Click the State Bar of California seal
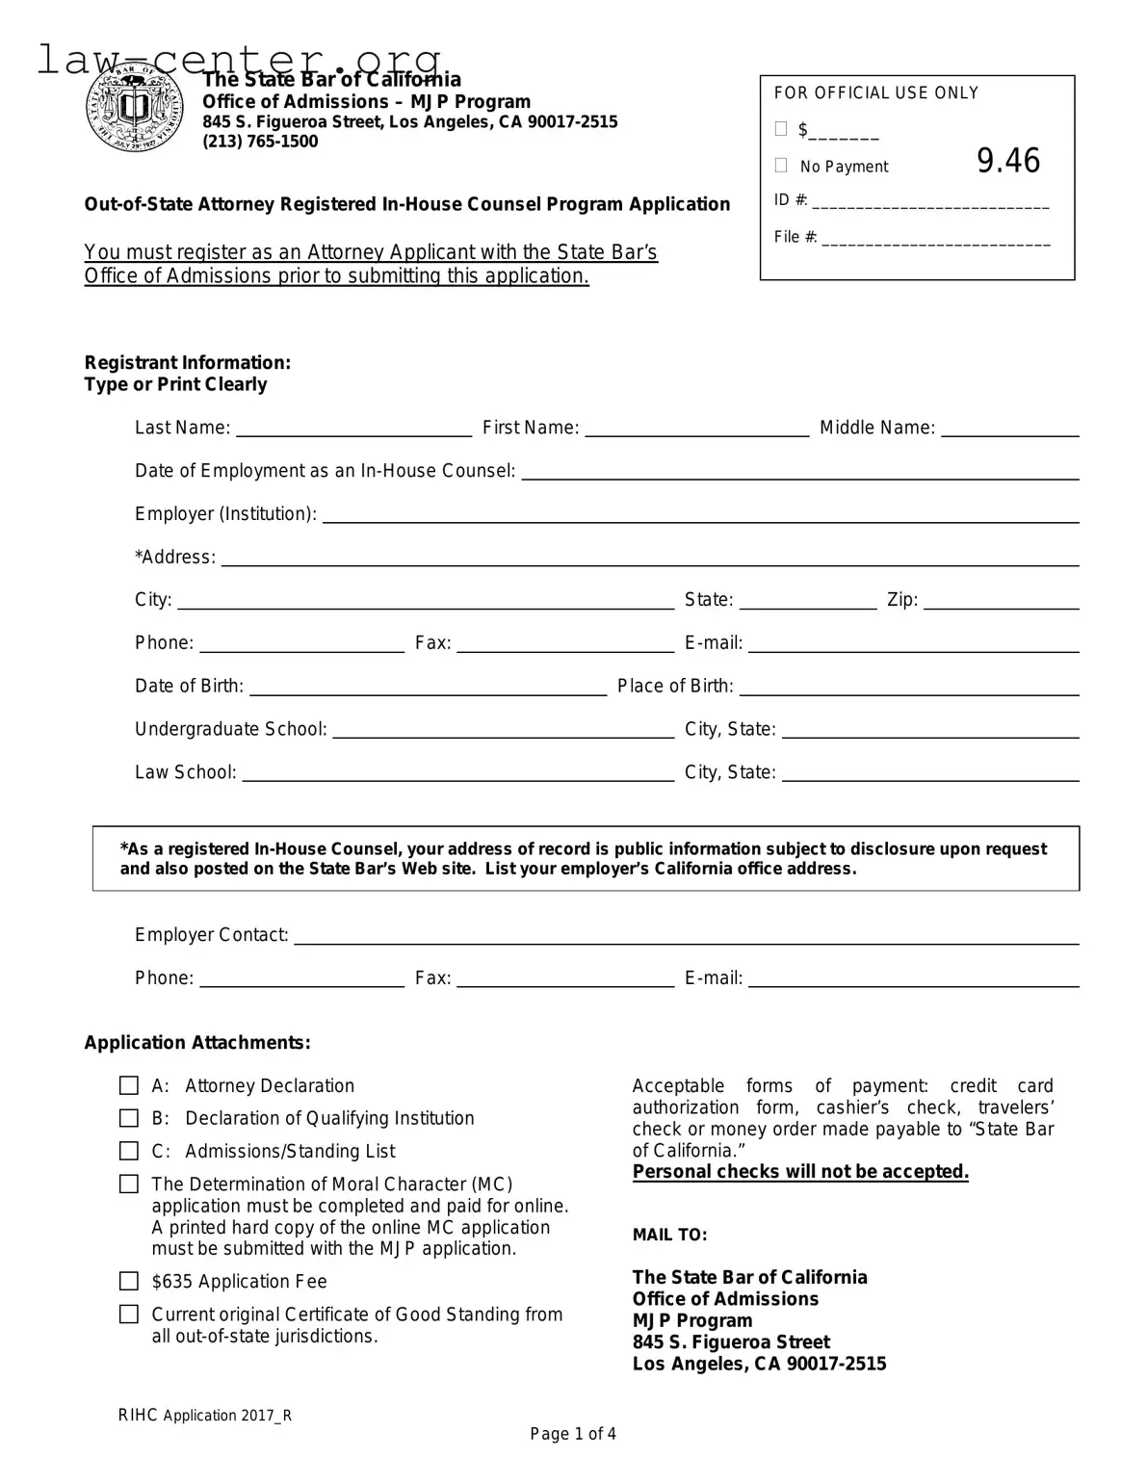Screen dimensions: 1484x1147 coord(134,109)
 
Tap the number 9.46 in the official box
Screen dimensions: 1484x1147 coord(1008,161)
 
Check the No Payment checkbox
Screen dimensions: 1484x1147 coord(781,166)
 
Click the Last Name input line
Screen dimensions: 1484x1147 coord(353,430)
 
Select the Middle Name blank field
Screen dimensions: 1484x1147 coord(1009,430)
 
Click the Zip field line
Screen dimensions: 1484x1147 coord(1001,602)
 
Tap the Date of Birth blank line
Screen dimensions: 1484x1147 coord(428,688)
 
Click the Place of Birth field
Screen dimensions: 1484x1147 coord(908,688)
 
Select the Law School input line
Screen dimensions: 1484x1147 coord(457,774)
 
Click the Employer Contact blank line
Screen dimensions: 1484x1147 coord(686,937)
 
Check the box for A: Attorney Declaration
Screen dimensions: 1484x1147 coord(129,1086)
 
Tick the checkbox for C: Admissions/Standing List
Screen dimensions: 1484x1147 coord(129,1152)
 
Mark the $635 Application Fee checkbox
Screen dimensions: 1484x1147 coord(129,1282)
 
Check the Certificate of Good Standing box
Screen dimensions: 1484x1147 coord(129,1315)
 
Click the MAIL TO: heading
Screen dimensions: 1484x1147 coord(669,1235)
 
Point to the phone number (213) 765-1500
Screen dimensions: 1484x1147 coord(260,142)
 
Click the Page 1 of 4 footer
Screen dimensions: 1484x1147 coord(573,1434)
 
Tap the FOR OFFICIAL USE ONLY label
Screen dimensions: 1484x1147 coord(875,93)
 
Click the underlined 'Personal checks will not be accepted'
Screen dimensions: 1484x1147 coord(800,1172)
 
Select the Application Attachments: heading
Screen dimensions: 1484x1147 coord(197,1043)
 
